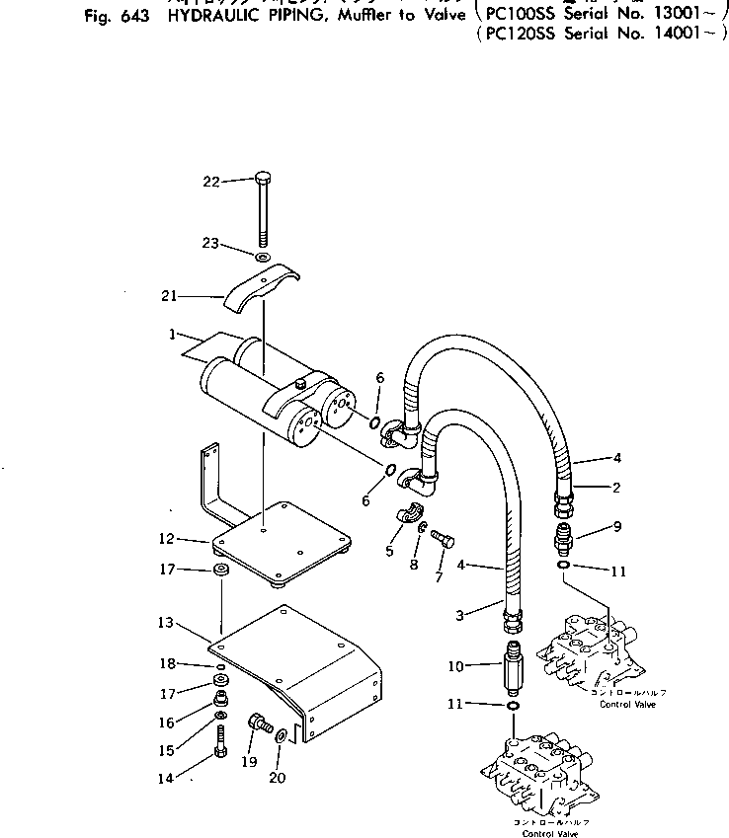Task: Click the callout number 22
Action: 209,181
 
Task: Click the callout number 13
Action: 164,623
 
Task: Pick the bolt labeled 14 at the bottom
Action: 220,751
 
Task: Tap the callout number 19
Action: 247,763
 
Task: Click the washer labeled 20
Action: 282,735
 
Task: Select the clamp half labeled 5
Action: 409,515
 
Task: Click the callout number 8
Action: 414,566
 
